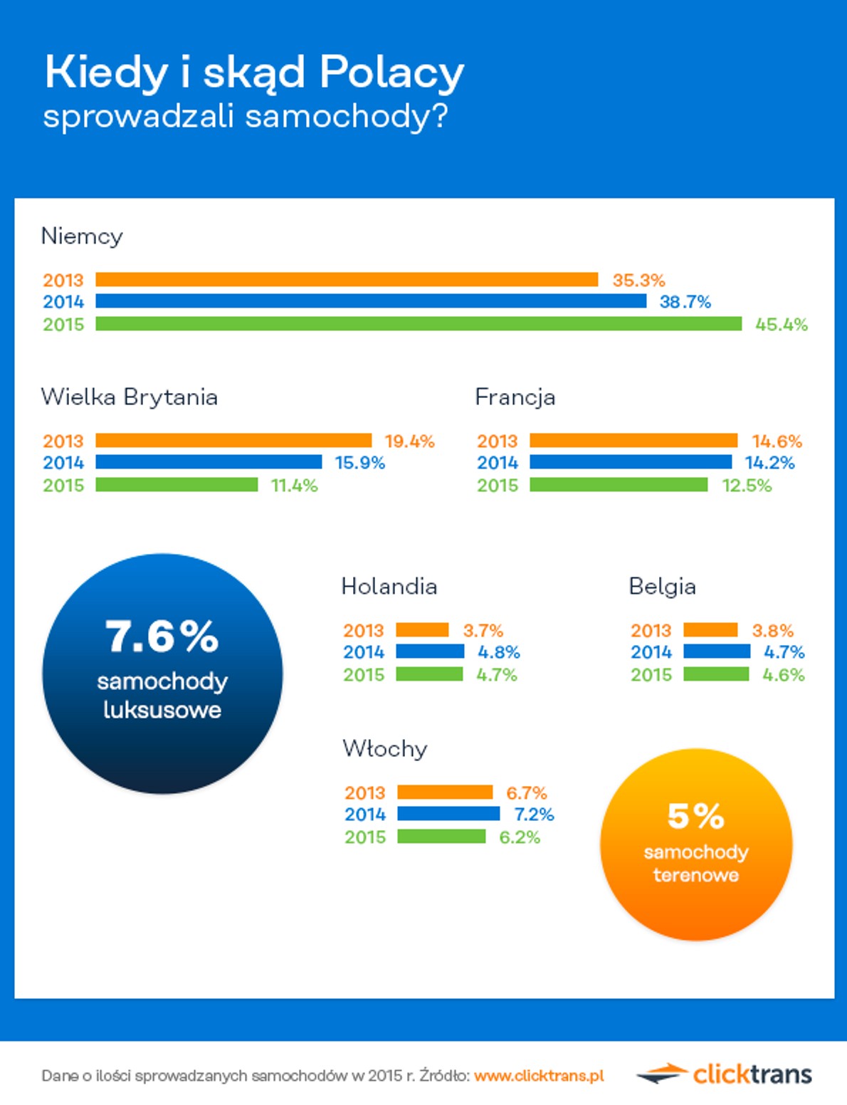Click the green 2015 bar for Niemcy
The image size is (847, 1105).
pos(419,324)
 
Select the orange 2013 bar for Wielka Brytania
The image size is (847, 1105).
pos(233,441)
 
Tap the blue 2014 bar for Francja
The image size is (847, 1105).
pos(631,462)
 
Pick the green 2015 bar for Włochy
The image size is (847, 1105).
pos(441,837)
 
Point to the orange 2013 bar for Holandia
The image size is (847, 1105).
pos(422,630)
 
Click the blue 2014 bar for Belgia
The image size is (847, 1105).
pos(717,651)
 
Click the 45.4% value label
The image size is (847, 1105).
pos(781,325)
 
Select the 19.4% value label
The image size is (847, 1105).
pos(409,441)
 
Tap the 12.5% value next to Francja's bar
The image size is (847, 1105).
pos(747,486)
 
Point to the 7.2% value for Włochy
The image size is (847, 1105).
pos(534,815)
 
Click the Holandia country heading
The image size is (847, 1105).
pos(389,586)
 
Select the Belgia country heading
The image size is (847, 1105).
pos(662,587)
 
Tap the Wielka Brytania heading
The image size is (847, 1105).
pos(129,397)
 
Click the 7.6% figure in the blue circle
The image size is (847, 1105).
pos(162,636)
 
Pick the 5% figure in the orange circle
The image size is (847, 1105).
pos(695,816)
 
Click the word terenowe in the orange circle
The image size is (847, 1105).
pos(695,875)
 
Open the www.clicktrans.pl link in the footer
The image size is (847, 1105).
pos(539,1075)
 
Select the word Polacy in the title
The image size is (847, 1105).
pos(391,73)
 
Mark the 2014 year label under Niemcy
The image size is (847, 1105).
pos(63,302)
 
